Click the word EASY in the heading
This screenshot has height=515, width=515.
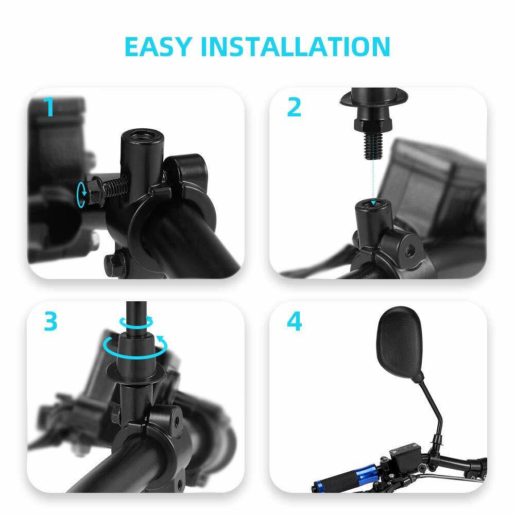(158, 46)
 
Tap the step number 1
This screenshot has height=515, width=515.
(49, 107)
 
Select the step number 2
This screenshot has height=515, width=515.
(294, 107)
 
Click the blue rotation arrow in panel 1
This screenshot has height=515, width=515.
(81, 194)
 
